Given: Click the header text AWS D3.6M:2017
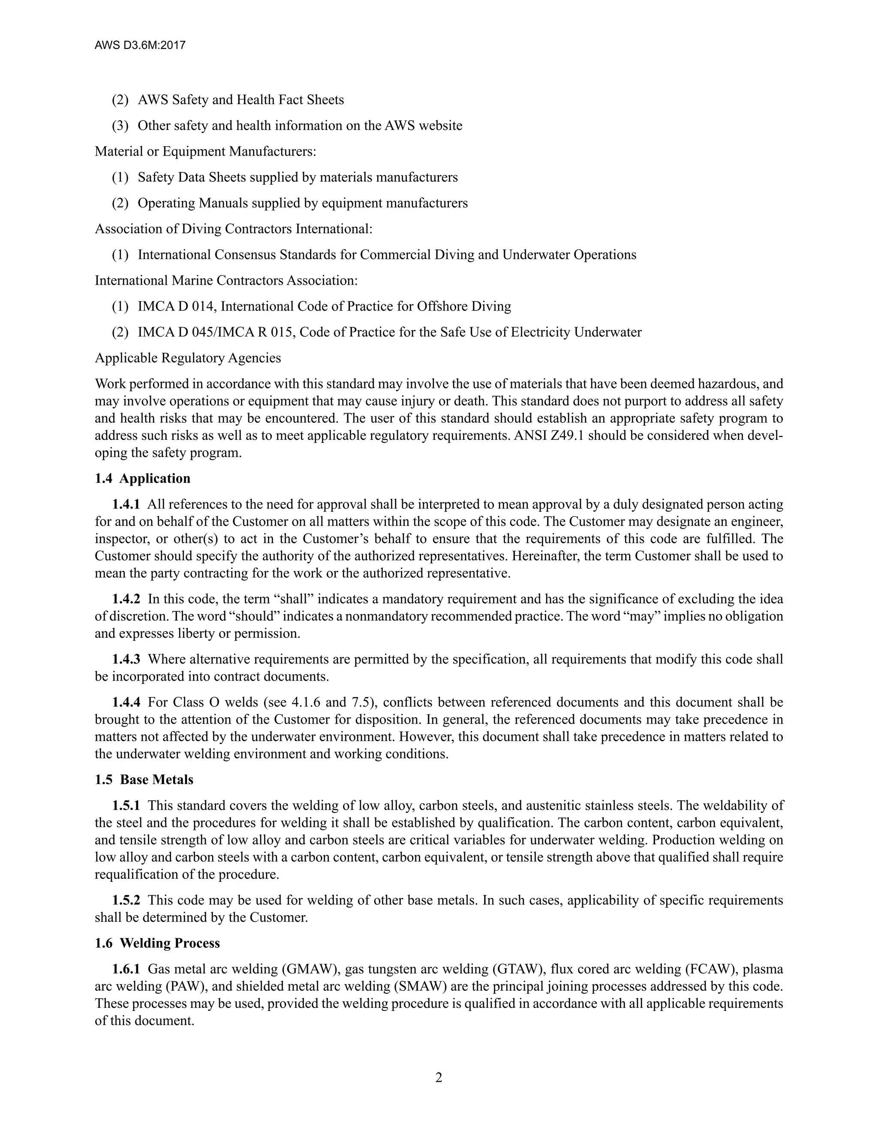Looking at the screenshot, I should coord(140,45).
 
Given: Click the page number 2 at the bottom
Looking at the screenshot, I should coord(439,1077).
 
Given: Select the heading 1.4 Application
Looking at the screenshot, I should coord(142,478).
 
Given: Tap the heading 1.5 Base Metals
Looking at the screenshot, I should coord(144,780).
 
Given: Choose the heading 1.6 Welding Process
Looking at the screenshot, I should coord(157,943).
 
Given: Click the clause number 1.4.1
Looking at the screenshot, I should coord(126,505).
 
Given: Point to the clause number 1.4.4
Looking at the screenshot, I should coord(126,702).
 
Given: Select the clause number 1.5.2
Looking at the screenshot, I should coord(126,900).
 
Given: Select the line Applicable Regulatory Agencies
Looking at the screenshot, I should coord(188,358).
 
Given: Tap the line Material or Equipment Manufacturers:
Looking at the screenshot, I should coord(205,151).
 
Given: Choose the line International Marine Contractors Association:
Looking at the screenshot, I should coord(226,280).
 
